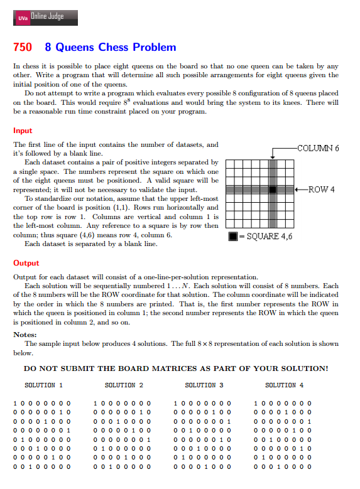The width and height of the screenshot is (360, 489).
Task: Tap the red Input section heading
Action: [23, 131]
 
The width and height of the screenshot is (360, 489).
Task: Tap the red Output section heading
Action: [26, 263]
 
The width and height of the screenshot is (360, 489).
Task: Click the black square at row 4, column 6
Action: [272, 189]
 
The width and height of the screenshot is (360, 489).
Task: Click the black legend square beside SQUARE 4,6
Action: [232, 237]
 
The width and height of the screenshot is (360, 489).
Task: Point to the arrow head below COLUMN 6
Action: [272, 157]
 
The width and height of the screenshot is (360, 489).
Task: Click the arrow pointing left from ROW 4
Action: [300, 189]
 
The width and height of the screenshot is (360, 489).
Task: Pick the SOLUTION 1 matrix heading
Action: [43, 385]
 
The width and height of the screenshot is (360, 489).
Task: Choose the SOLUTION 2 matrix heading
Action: [124, 385]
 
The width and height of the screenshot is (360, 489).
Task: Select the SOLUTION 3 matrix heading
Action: [204, 385]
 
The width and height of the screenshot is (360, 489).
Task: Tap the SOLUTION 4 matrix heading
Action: [284, 385]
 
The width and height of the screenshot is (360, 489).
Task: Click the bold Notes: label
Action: [25, 335]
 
